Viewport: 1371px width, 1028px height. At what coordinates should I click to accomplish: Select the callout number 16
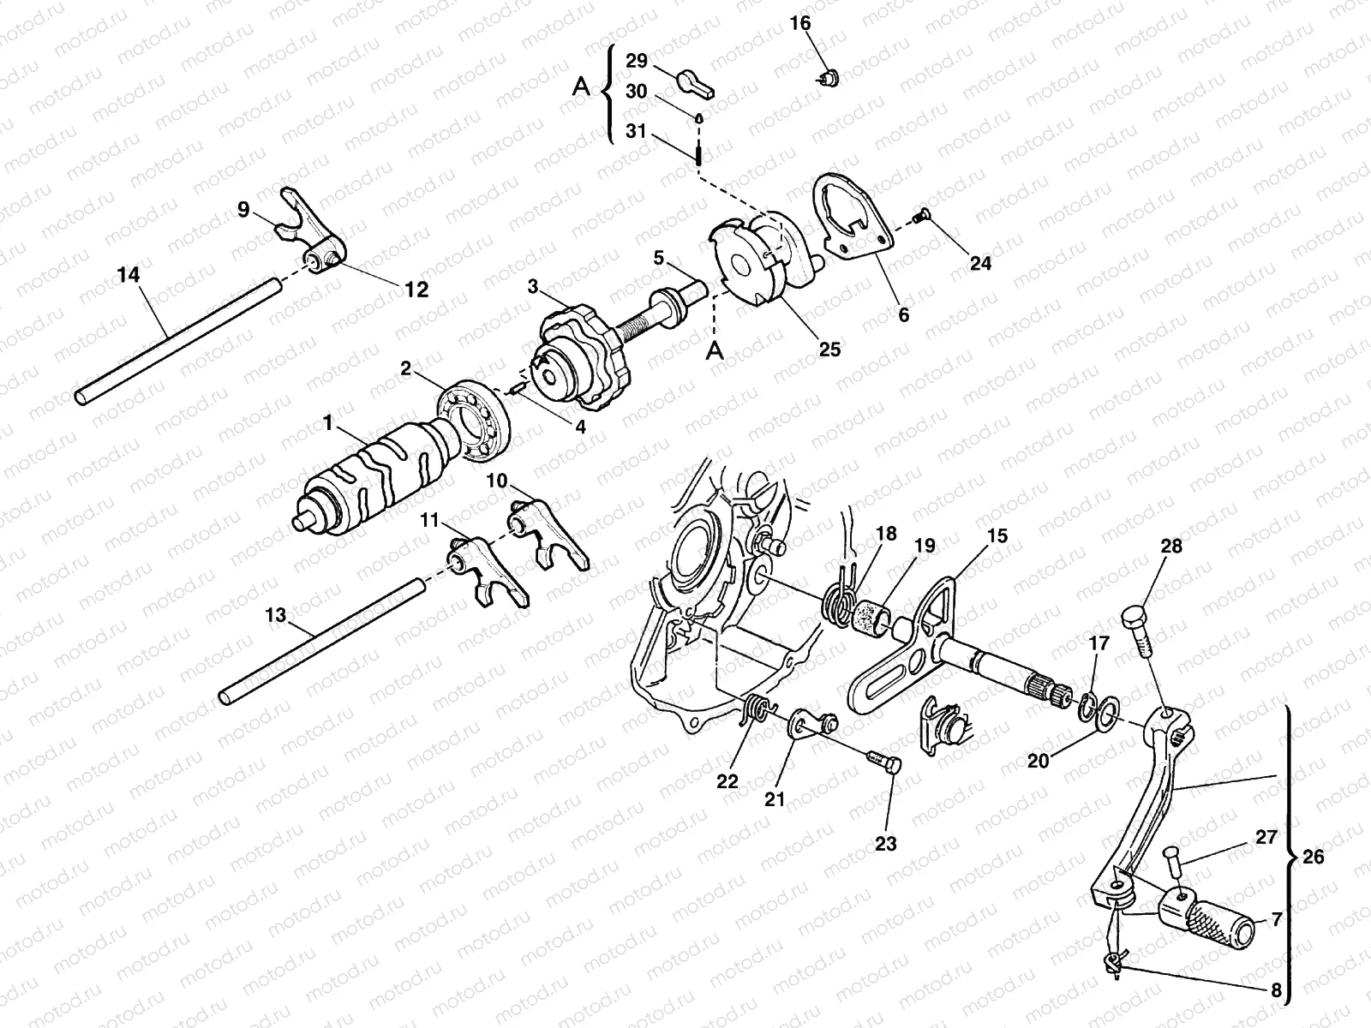(799, 22)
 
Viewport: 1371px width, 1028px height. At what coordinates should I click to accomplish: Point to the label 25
(829, 349)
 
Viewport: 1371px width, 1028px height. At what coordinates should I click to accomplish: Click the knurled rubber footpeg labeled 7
(1208, 921)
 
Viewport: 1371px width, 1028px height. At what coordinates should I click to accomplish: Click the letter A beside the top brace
(581, 87)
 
